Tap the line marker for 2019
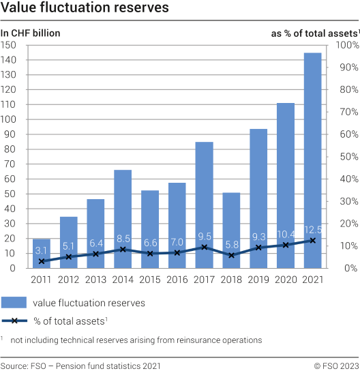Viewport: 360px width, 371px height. tap(258, 248)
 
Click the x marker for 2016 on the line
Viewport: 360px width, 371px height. tap(177, 252)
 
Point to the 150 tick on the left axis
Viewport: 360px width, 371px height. tap(10, 45)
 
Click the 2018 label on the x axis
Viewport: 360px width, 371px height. tap(232, 280)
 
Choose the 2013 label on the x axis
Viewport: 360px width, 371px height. tap(95, 280)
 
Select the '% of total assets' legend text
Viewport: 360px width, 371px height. tap(79, 321)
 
